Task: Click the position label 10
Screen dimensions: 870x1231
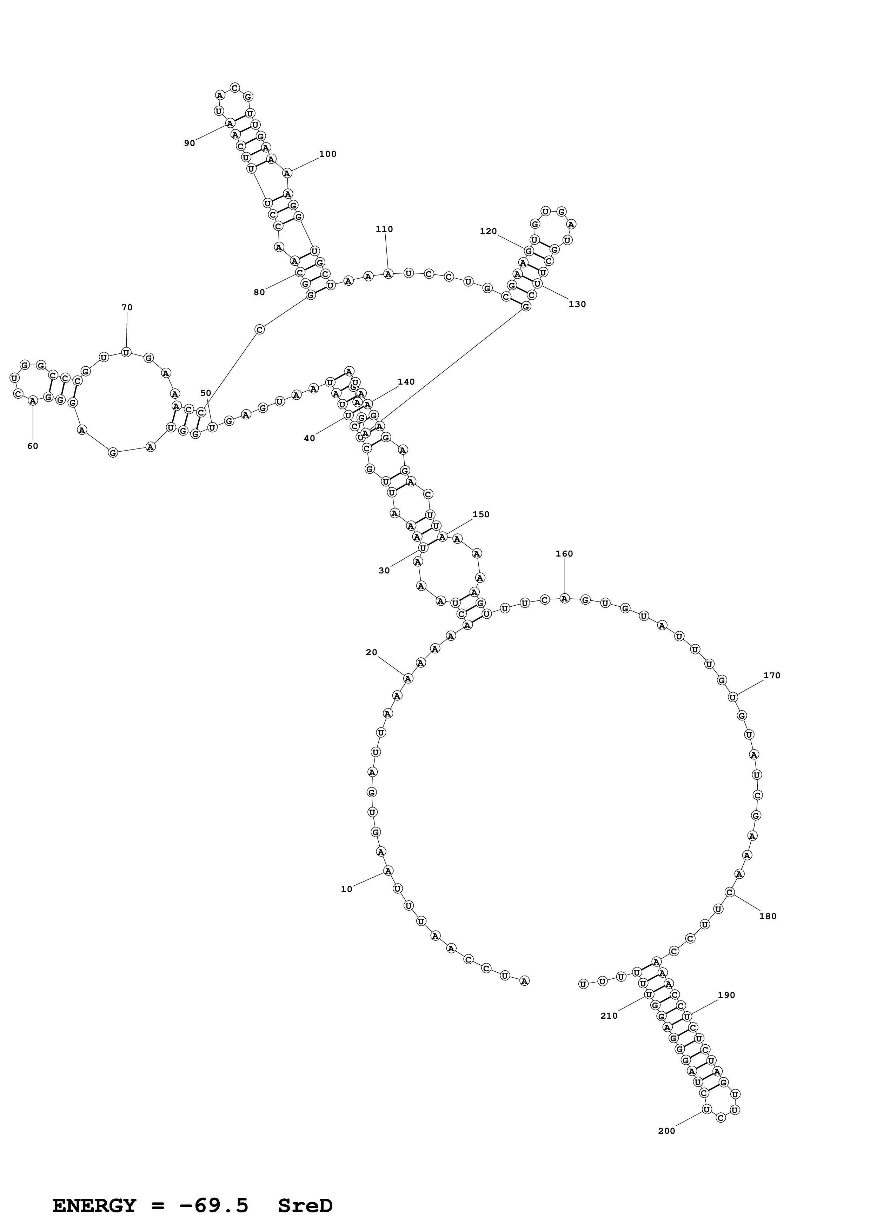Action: click(347, 889)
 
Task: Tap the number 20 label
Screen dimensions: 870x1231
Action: click(372, 652)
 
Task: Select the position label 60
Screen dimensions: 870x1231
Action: click(33, 446)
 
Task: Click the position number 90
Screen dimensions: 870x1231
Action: click(190, 143)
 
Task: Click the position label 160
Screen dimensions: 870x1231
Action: click(564, 554)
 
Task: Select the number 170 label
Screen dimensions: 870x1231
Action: click(772, 676)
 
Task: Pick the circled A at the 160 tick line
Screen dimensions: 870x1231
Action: click(564, 598)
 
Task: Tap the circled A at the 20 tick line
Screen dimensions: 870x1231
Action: click(408, 678)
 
